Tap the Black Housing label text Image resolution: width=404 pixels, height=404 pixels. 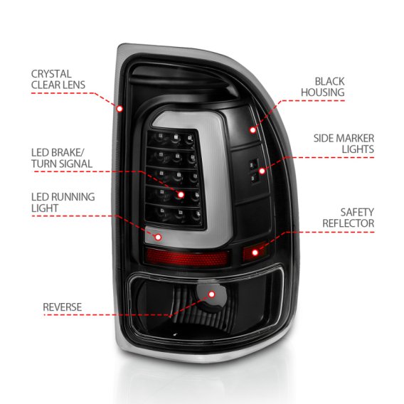(329, 87)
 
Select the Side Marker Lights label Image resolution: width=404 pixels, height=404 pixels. (343, 143)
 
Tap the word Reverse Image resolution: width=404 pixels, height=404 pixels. (63, 307)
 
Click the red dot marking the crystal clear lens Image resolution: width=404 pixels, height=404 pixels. (119, 109)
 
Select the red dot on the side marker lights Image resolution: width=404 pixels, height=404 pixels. (282, 171)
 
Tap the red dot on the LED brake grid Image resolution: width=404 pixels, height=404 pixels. (181, 194)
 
